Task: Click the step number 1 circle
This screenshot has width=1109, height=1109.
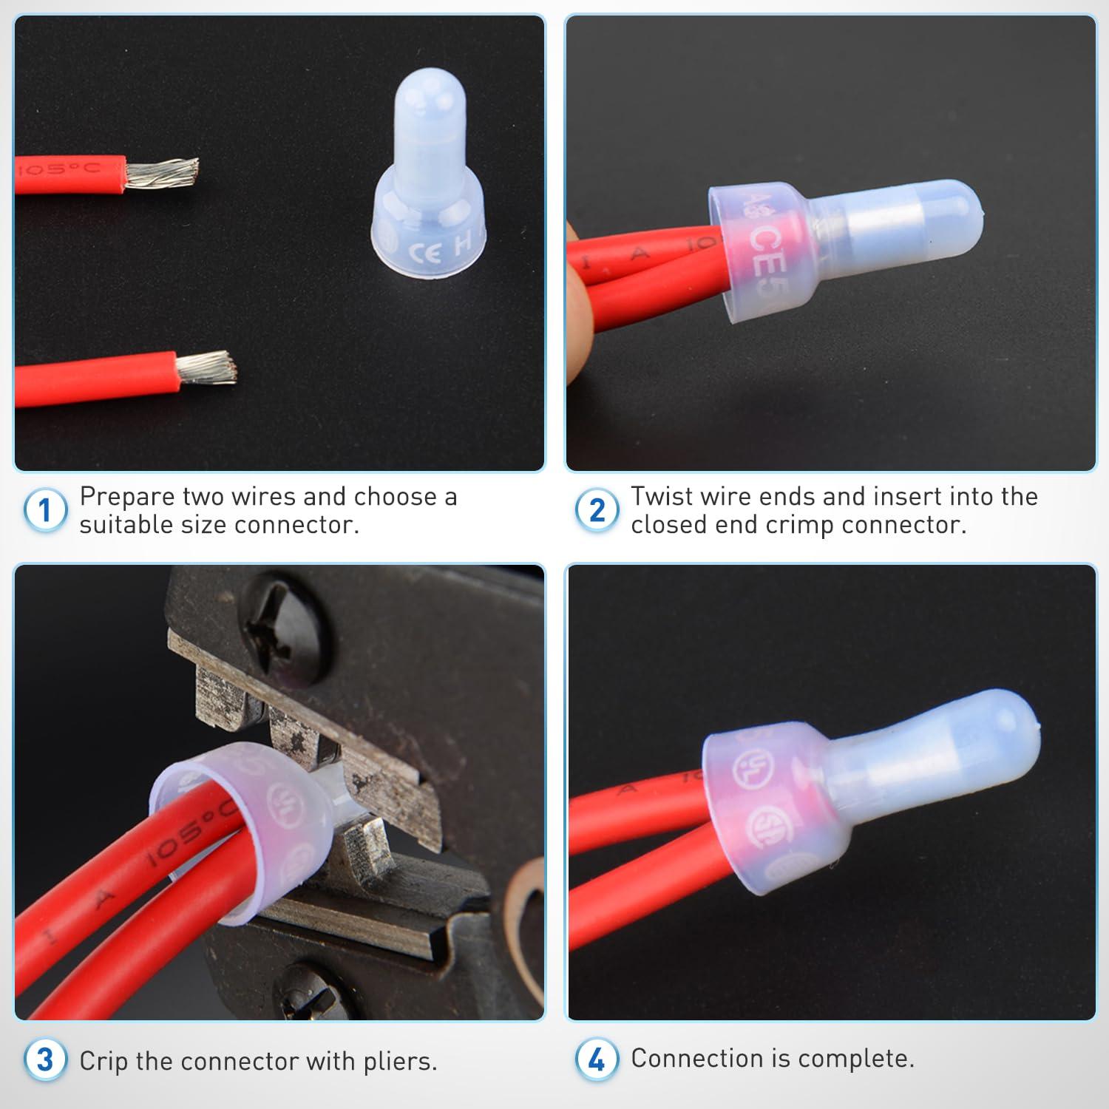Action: coord(44,510)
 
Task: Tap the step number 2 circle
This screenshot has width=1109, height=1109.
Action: coord(596,510)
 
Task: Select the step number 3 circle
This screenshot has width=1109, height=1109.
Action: coord(44,1060)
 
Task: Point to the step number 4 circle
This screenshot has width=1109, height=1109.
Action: coord(596,1060)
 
